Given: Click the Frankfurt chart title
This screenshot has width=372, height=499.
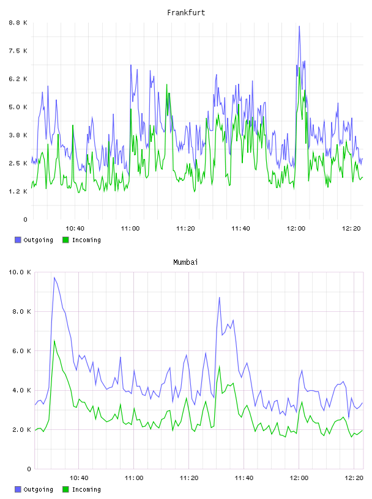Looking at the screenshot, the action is pos(186,13).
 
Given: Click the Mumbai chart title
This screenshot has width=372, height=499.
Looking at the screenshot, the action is pos(185,262).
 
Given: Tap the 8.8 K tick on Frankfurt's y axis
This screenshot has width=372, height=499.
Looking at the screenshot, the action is pos(18,23).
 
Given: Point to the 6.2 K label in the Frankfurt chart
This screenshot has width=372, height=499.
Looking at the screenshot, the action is pos(18,79).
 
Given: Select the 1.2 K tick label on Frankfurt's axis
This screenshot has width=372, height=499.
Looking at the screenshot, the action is pos(18,191).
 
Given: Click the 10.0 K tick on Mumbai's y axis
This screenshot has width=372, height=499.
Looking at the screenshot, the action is pos(20,272).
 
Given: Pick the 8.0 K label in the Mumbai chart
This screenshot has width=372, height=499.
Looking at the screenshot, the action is pos(21,311).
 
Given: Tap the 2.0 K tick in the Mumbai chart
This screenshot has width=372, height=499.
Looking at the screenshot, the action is pos(21,430).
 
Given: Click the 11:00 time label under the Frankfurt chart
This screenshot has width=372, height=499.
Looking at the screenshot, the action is pos(130,229).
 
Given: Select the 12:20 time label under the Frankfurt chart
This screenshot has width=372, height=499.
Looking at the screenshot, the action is pos(351,229).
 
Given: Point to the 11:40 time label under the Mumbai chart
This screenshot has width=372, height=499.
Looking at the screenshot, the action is pos(244,478).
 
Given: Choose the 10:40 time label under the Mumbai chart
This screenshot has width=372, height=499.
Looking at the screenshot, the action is pos(79,478).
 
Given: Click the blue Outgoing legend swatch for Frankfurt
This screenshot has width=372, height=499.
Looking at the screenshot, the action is pos(18,240).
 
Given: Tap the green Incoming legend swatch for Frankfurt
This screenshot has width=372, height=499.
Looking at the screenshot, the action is pos(65,240).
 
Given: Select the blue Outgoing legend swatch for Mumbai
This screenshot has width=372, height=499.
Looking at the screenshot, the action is pos(18,489).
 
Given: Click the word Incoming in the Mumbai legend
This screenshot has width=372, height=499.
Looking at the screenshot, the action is pos(86,489).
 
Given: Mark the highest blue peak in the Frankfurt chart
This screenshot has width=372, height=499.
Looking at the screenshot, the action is pos(299,26).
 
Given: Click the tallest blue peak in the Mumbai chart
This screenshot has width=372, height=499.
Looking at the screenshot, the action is pos(54,278).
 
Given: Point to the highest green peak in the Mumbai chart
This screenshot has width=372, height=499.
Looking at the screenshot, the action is pos(54,340).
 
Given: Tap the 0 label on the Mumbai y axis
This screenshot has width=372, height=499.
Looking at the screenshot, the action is pos(29,469).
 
